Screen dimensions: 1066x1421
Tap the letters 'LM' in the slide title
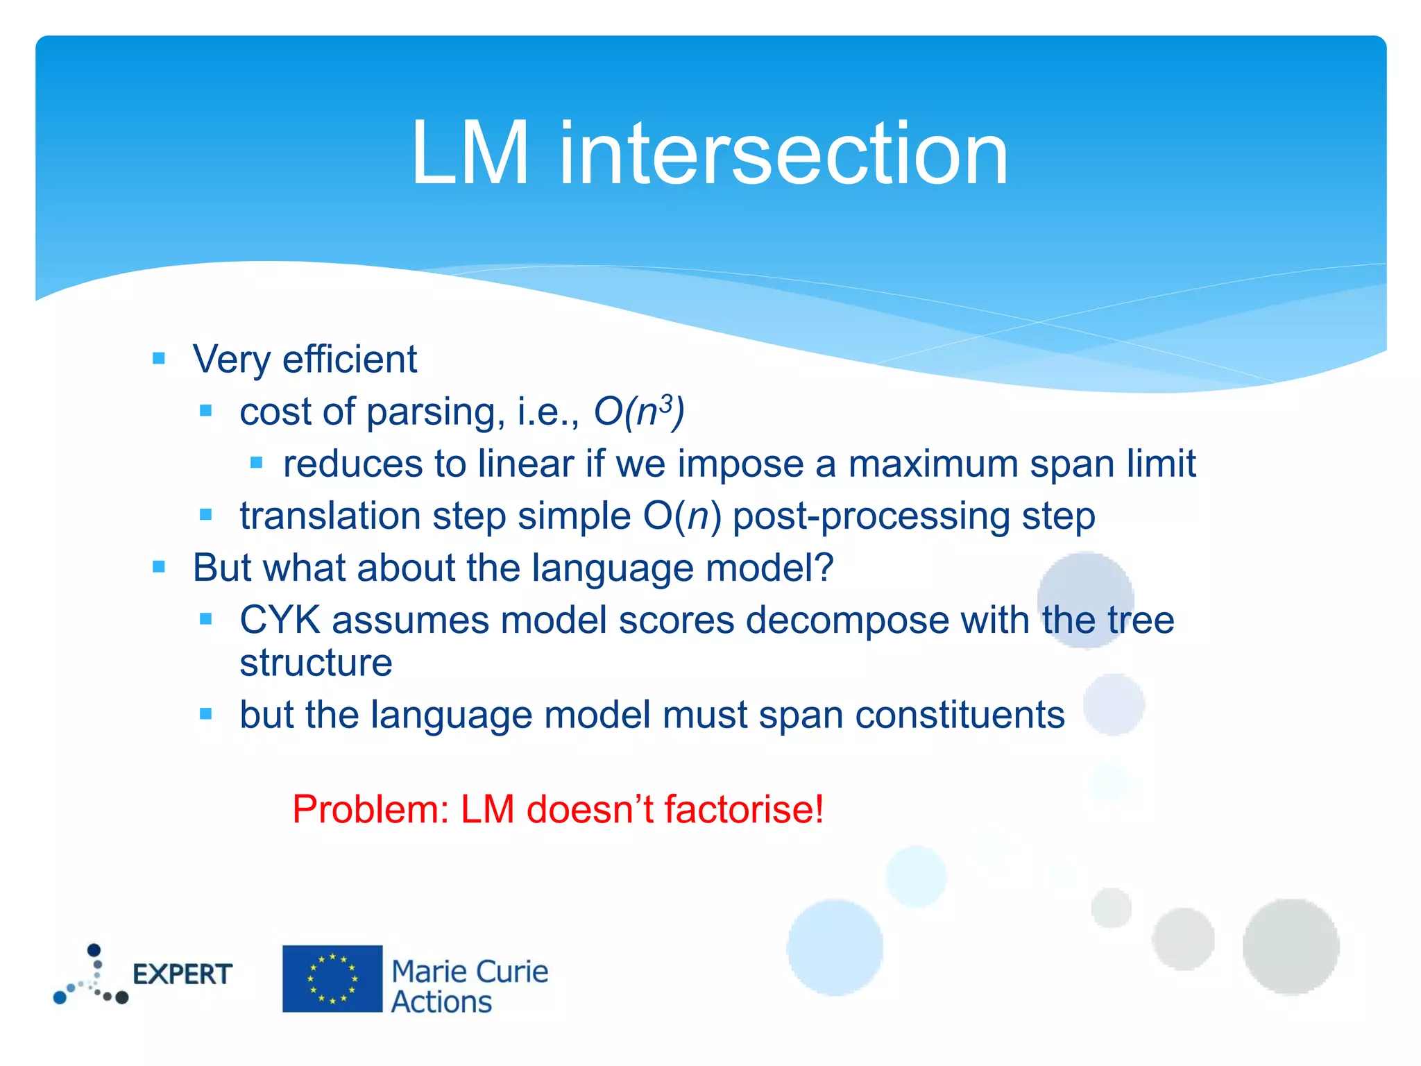click(x=470, y=154)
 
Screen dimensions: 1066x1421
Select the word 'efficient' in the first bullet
click(x=350, y=359)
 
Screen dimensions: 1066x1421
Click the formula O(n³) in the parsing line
click(x=639, y=412)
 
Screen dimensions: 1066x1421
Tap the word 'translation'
click(x=330, y=516)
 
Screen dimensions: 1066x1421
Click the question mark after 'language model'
click(x=824, y=568)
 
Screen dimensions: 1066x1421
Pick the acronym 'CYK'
click(x=280, y=620)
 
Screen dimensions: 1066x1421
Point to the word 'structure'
click(x=316, y=663)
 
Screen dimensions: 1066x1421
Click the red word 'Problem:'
click(x=371, y=809)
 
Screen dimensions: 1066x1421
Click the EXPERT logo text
click(x=182, y=974)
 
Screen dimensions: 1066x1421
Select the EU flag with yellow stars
click(x=332, y=979)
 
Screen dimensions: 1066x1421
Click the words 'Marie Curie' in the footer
click(x=470, y=971)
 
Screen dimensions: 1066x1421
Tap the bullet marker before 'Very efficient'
click(x=159, y=359)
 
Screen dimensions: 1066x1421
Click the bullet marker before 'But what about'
click(x=159, y=567)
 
